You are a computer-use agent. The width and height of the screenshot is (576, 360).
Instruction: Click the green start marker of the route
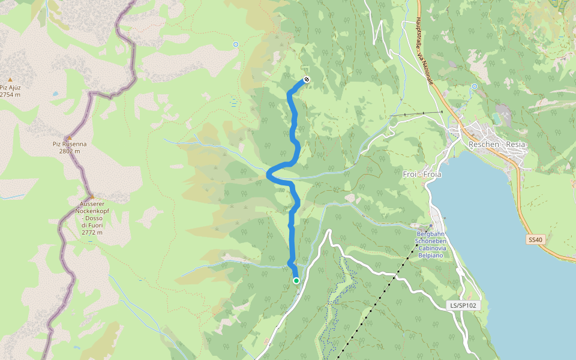coord(296,280)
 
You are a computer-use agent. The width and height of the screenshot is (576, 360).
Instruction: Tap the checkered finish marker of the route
coord(307,79)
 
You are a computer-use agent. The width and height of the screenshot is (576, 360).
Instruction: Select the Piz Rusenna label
coord(69,144)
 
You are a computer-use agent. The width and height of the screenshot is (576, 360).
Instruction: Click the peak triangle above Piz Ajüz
coord(10,79)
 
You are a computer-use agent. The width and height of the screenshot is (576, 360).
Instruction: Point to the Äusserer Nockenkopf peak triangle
coord(92,196)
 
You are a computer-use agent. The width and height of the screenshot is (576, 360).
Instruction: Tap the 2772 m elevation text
coord(92,232)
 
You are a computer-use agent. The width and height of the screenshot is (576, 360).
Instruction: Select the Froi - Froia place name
coord(422,174)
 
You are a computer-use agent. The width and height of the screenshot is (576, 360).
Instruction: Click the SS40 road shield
coord(535,239)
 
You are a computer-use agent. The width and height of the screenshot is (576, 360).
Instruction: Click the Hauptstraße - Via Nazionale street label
coord(424,51)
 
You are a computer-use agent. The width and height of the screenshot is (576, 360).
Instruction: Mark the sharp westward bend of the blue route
coord(268,174)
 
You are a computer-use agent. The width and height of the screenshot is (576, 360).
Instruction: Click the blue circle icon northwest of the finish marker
coord(236,44)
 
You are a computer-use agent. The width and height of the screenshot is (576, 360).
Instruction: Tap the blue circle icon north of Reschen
coord(474,86)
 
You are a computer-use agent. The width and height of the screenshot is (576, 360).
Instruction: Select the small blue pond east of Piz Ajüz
coord(55,94)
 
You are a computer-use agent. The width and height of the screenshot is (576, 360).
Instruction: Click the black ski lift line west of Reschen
coord(416,113)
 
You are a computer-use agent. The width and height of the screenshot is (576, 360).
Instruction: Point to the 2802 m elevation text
coord(69,151)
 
